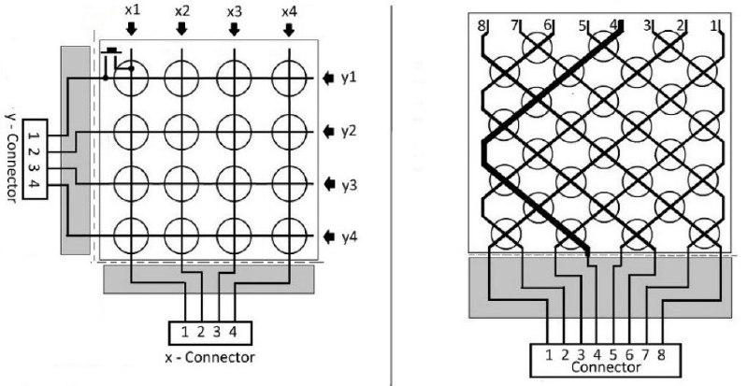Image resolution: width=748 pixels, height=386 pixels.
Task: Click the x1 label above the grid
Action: click(x=132, y=11)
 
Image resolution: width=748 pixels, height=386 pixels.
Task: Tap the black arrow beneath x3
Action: click(x=234, y=30)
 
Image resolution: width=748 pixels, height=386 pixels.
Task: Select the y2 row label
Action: click(x=349, y=131)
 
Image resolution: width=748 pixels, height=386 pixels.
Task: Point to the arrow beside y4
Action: click(x=329, y=236)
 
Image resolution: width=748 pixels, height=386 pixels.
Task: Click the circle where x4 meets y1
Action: click(x=289, y=79)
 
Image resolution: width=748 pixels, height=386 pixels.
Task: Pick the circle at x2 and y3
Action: click(x=181, y=184)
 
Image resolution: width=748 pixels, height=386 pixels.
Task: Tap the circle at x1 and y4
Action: click(x=131, y=236)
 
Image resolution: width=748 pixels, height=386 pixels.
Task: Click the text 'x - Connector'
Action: click(x=209, y=357)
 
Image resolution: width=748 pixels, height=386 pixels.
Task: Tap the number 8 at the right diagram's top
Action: click(x=481, y=26)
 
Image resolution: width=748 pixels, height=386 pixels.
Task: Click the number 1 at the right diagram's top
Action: click(x=714, y=26)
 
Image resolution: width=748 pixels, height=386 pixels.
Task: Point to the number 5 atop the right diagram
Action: click(x=582, y=26)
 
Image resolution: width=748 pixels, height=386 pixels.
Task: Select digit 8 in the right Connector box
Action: click(x=662, y=355)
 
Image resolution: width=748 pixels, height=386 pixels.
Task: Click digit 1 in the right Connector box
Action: click(x=549, y=355)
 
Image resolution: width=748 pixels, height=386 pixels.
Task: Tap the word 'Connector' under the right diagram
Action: click(x=605, y=367)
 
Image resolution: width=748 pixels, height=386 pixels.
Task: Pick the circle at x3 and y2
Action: click(x=234, y=131)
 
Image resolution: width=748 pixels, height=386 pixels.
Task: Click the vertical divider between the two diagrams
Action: click(x=391, y=193)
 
